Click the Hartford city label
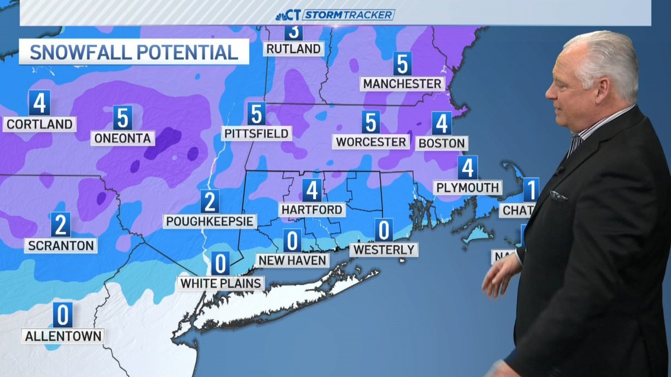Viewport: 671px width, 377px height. pyautogui.click(x=312, y=210)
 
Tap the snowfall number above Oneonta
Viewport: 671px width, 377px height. pyautogui.click(x=123, y=117)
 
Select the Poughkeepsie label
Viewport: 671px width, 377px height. pyautogui.click(x=210, y=221)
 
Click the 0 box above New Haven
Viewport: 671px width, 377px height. pyautogui.click(x=292, y=240)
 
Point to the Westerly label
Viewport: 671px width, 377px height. pyautogui.click(x=384, y=250)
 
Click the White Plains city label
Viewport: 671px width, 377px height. pyautogui.click(x=221, y=283)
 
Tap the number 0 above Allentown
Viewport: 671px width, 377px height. pyautogui.click(x=63, y=315)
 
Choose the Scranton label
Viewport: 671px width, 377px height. pyautogui.click(x=60, y=245)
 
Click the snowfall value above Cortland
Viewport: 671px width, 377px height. pyautogui.click(x=39, y=102)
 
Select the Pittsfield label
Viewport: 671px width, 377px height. pyautogui.click(x=257, y=133)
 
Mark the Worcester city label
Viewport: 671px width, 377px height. pyautogui.click(x=371, y=142)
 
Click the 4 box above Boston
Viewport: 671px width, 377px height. pyautogui.click(x=442, y=123)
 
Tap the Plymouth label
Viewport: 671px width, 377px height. pyautogui.click(x=467, y=188)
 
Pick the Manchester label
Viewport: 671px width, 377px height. pyautogui.click(x=403, y=84)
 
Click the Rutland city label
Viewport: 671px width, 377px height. pyautogui.click(x=294, y=49)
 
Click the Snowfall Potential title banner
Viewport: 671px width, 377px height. pyautogui.click(x=134, y=53)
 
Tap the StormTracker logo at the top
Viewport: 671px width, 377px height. pyautogui.click(x=335, y=14)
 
